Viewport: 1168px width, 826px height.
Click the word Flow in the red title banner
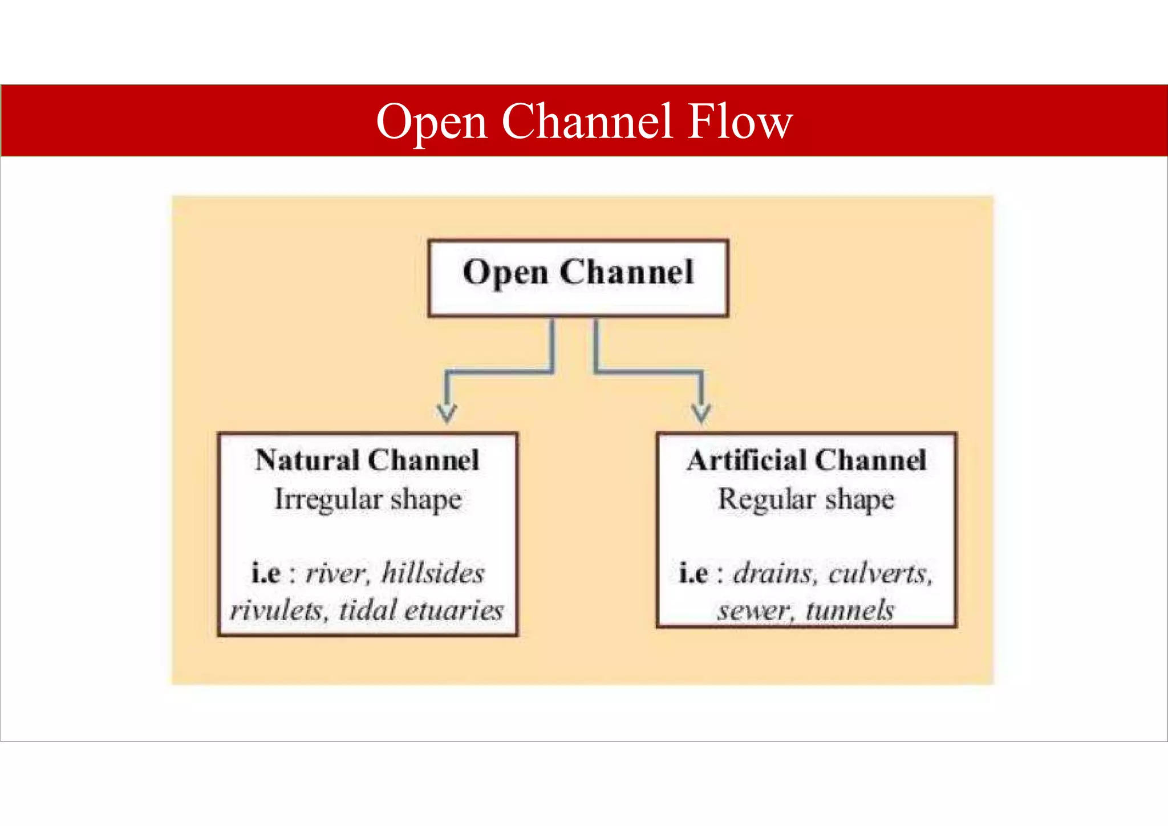[x=740, y=122]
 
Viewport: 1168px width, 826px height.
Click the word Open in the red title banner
[x=432, y=122]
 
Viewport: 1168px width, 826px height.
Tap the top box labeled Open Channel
[x=578, y=278]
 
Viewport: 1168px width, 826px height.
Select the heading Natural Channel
[x=367, y=460]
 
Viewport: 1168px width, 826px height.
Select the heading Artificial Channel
[x=806, y=460]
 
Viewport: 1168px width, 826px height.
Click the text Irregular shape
[x=368, y=499]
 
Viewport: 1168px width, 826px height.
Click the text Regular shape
[x=806, y=499]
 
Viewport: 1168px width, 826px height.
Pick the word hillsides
[x=433, y=573]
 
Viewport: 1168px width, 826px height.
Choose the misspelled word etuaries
[x=454, y=610]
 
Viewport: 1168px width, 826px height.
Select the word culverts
[x=880, y=573]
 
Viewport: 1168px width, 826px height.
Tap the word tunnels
[x=850, y=610]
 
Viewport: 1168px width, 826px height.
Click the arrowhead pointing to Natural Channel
[x=447, y=412]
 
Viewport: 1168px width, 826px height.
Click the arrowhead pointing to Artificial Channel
[x=701, y=412]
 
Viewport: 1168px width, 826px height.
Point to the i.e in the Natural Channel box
[x=266, y=573]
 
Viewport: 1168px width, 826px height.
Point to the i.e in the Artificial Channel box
[x=693, y=573]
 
